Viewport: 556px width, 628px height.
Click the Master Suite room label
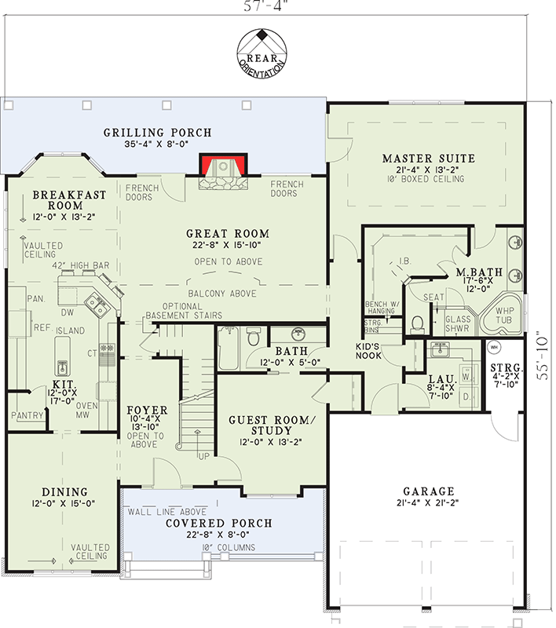(429, 159)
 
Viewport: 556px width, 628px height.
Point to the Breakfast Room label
(64, 200)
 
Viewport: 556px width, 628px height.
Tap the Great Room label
(228, 233)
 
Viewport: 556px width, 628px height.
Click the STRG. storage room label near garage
(502, 368)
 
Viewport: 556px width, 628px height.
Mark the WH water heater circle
(495, 346)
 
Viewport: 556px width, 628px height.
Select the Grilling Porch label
(158, 133)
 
